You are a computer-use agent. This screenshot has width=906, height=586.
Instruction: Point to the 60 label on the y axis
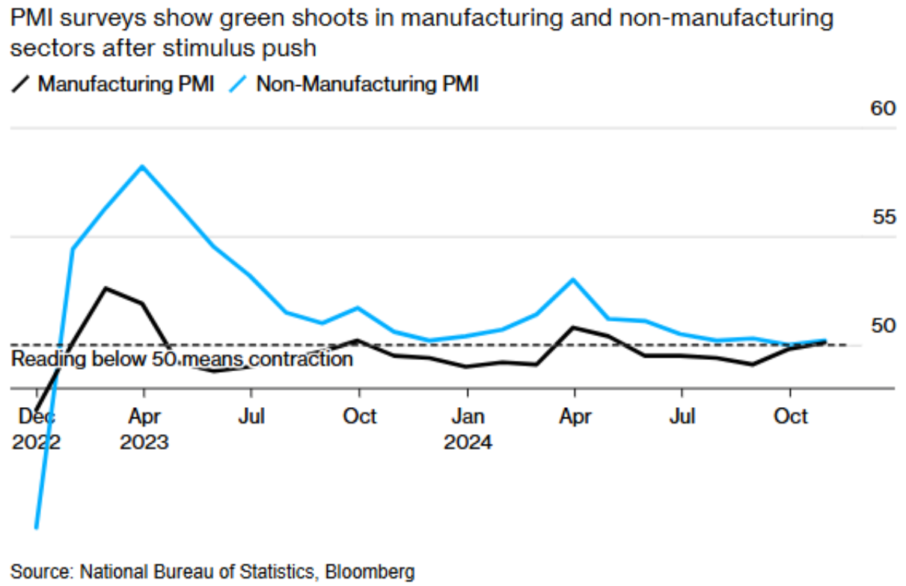point(883,109)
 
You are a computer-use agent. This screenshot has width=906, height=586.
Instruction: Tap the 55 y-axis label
point(883,218)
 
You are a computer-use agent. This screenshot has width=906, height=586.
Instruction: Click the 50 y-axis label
point(883,326)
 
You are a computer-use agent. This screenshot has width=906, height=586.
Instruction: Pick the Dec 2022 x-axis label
point(35,429)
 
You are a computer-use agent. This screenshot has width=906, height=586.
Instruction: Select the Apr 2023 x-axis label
point(144,429)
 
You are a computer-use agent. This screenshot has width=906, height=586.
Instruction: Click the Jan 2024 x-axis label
point(468,429)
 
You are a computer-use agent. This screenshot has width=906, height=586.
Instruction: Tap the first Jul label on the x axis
point(251,416)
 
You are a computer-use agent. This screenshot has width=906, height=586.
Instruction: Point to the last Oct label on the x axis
point(790,416)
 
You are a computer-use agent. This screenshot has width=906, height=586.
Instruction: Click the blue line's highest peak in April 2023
point(142,166)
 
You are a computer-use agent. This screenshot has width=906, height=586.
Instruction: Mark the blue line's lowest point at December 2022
point(36,528)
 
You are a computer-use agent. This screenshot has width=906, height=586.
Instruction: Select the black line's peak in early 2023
point(106,288)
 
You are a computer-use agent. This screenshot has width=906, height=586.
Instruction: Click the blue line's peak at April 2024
point(573,279)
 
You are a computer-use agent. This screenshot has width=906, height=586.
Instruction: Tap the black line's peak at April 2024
point(573,327)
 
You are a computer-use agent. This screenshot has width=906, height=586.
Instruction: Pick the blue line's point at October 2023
point(359,308)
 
